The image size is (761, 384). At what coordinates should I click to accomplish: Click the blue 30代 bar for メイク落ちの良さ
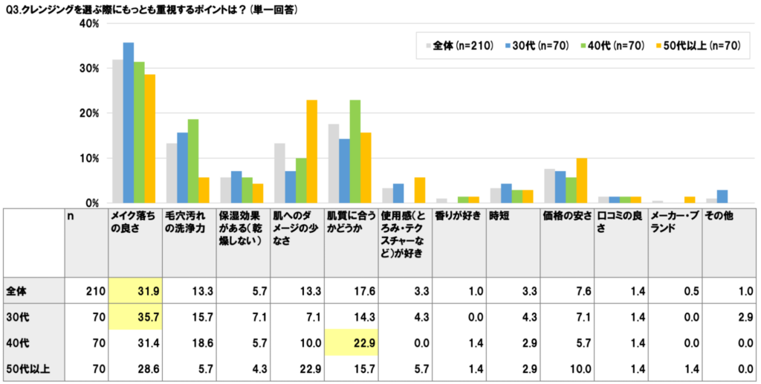pyautogui.click(x=129, y=123)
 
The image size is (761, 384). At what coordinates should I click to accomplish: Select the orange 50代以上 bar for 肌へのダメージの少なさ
pyautogui.click(x=311, y=152)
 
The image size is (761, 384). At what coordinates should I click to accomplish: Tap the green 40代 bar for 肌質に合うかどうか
pyautogui.click(x=355, y=152)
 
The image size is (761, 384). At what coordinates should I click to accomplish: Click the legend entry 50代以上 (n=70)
pyautogui.click(x=699, y=46)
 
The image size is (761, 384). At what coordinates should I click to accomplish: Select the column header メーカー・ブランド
pyautogui.click(x=673, y=222)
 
